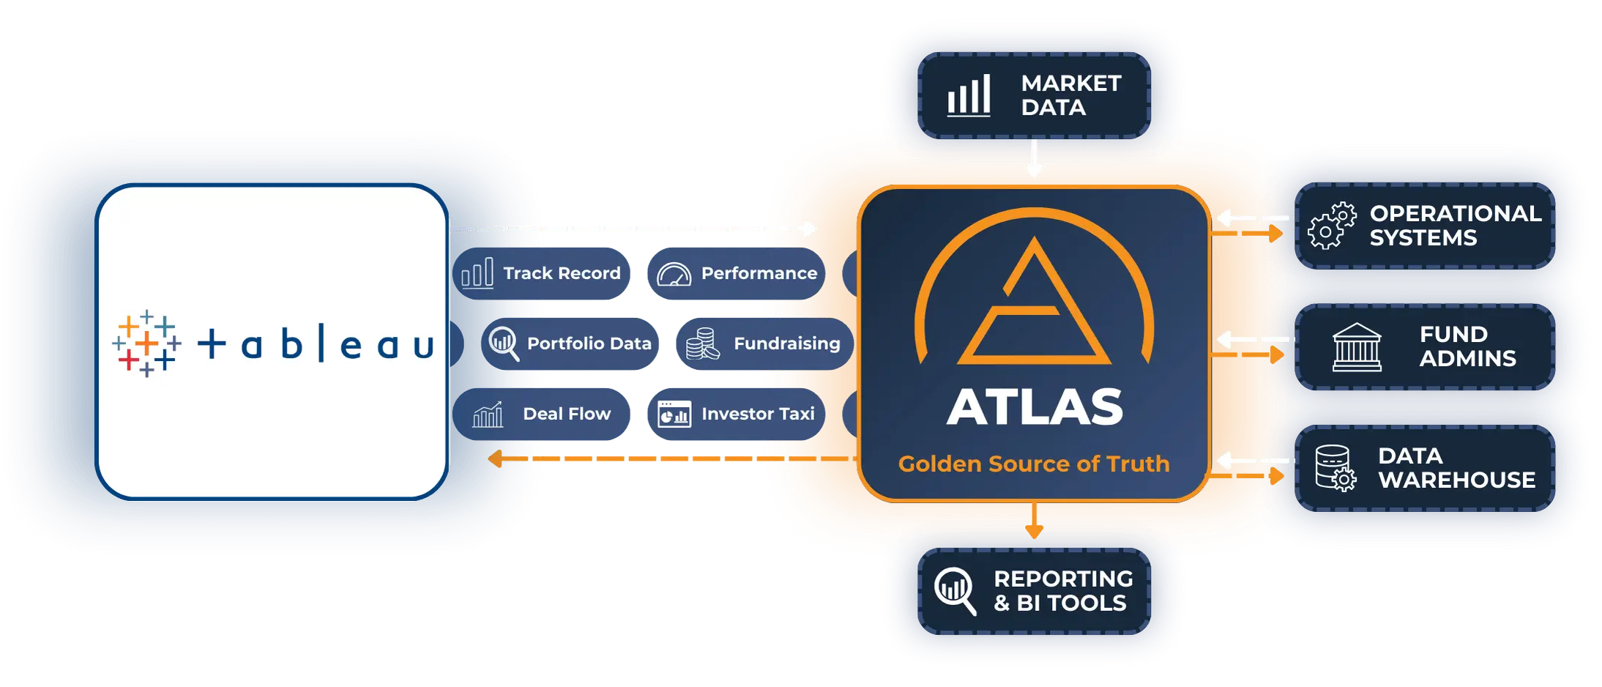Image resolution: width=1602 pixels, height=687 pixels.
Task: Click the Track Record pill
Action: [x=541, y=273]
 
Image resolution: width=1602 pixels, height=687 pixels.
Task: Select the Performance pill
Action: [x=737, y=273]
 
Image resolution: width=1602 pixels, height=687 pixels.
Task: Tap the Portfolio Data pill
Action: [x=570, y=343]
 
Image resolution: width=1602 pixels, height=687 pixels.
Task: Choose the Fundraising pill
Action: [x=764, y=343]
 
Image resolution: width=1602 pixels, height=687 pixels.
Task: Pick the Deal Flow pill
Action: [x=541, y=414]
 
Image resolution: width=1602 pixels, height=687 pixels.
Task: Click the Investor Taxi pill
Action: [x=737, y=414]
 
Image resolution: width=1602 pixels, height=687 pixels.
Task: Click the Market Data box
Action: [x=1034, y=95]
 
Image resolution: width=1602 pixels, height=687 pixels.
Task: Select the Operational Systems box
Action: [x=1425, y=226]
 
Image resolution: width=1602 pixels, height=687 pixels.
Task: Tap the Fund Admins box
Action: [x=1425, y=347]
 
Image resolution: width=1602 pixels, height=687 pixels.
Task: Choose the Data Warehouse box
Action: [x=1425, y=468]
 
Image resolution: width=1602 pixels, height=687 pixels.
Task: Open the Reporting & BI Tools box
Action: [x=1034, y=591]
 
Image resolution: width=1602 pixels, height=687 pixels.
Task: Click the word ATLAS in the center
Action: [x=1035, y=407]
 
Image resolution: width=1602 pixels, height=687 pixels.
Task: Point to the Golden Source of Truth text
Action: [x=1034, y=464]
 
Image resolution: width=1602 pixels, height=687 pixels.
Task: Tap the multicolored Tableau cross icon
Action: [x=146, y=343]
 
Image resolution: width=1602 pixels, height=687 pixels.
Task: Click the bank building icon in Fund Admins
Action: [x=1357, y=347]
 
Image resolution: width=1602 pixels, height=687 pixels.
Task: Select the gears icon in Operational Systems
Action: [x=1332, y=226]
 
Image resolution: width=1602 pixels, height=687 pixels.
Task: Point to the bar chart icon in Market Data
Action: [x=969, y=95]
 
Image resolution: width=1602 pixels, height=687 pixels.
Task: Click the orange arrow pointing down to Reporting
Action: [x=1034, y=521]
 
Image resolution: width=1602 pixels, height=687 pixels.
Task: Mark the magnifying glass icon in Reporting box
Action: [x=955, y=590]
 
